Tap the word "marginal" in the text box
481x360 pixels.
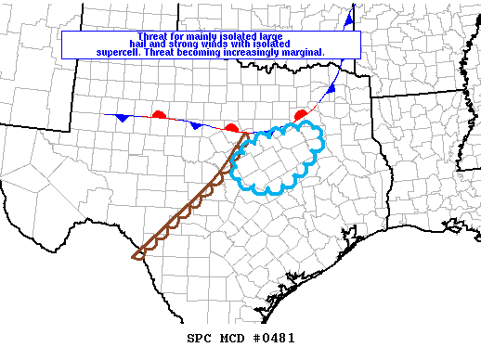tap(306, 53)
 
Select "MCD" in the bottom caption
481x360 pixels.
tap(228, 339)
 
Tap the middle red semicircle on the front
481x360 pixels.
tap(232, 127)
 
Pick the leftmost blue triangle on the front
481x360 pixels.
tap(121, 119)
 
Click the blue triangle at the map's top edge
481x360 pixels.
tap(349, 19)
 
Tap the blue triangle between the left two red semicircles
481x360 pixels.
tap(195, 125)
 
